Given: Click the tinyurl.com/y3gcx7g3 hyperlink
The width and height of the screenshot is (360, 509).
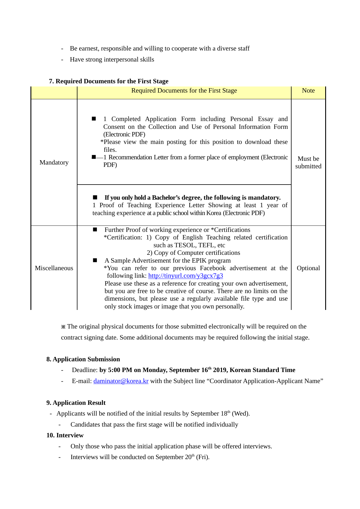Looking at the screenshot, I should (x=185, y=276).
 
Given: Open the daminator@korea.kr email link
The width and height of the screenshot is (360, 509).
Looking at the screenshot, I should (x=121, y=381).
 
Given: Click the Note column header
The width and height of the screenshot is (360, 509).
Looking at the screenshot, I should (x=308, y=91).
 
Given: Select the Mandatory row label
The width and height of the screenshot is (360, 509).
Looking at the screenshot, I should (x=54, y=163).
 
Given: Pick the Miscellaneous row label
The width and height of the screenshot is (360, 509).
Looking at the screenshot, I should (x=54, y=268).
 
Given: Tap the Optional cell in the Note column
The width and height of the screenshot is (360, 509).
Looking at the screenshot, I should (x=308, y=268).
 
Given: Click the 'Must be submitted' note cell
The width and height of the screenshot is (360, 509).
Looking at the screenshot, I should (x=308, y=163).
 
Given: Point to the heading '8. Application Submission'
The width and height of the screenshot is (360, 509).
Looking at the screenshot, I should (x=83, y=359).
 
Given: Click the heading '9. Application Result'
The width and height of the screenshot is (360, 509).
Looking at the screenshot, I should (x=76, y=403).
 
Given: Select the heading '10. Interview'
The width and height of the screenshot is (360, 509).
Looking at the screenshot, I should (x=65, y=435).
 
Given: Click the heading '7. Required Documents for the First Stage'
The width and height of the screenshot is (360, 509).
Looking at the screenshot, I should (x=108, y=81).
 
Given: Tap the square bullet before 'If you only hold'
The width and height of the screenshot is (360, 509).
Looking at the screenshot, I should (x=95, y=197).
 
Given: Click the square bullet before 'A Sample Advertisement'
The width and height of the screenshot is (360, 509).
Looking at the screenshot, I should (x=95, y=260).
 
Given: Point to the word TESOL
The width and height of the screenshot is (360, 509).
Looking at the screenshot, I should (x=185, y=245).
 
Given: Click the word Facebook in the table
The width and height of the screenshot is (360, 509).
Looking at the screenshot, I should (x=213, y=268).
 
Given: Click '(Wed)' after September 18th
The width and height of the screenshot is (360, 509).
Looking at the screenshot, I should (x=240, y=414).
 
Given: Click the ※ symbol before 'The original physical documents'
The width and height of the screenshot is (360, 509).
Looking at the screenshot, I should (x=63, y=327).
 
